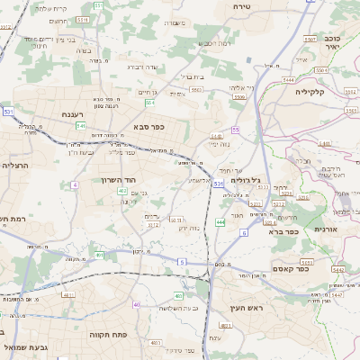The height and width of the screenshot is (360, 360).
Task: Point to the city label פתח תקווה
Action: coord(108,333)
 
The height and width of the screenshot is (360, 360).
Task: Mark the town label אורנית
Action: coord(323,230)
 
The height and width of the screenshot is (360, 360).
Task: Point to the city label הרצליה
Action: coord(16,165)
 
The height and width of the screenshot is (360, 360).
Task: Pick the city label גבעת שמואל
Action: coord(22,346)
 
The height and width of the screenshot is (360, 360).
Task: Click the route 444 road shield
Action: coord(220,221)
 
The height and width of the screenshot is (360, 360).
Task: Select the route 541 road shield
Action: coord(80,126)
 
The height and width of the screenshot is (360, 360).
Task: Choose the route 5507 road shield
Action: coord(309,40)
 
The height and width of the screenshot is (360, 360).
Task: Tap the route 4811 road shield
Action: coord(68,294)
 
